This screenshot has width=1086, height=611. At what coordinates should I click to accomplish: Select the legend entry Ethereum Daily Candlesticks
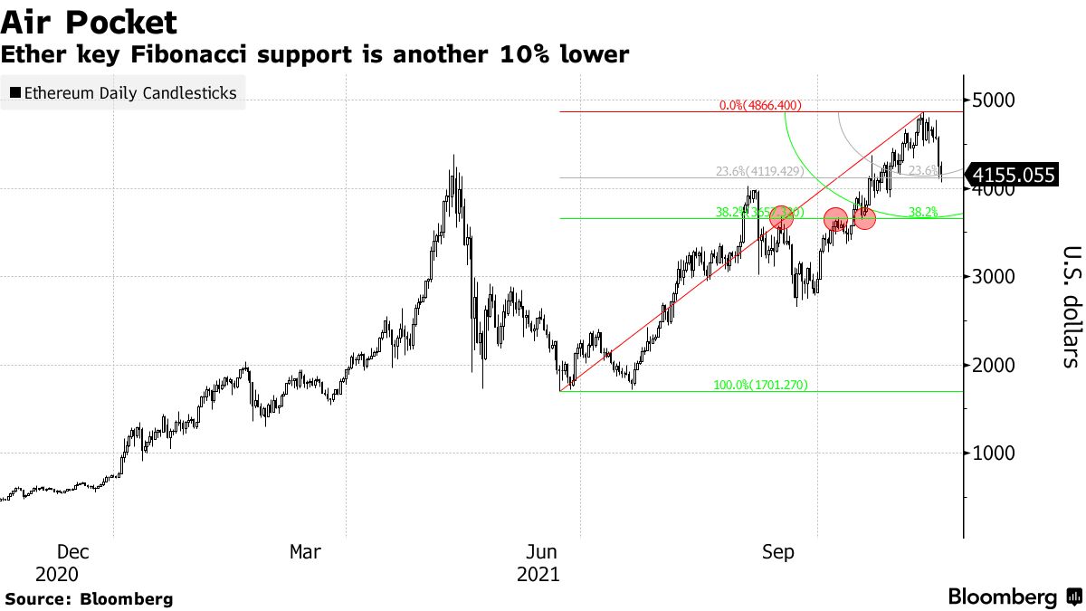[123, 92]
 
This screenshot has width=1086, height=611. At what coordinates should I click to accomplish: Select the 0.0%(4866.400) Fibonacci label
[760, 106]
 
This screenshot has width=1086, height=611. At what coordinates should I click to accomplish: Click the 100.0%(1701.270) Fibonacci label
[760, 386]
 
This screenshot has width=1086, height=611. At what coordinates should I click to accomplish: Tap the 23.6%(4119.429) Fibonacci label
[758, 171]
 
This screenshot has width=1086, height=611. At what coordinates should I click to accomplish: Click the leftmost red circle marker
[782, 217]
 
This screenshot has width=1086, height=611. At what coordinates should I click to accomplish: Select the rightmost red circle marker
[864, 218]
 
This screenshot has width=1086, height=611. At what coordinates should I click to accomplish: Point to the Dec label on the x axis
[73, 552]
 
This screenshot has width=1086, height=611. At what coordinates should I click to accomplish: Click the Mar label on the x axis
[305, 552]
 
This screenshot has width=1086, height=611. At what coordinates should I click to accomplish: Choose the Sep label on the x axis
[778, 552]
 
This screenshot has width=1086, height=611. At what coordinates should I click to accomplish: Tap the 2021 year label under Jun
[538, 575]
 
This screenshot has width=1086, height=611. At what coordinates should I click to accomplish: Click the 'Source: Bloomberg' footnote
[89, 598]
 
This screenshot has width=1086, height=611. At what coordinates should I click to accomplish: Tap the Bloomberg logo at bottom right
[1014, 597]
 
